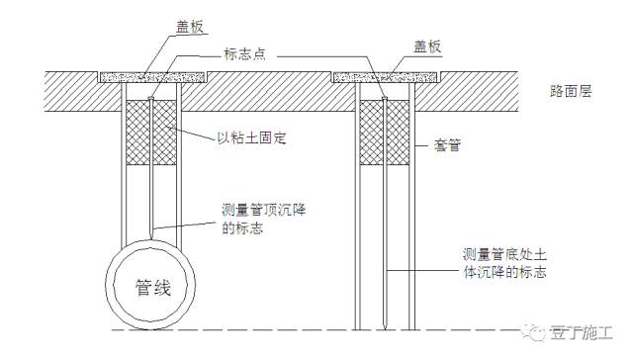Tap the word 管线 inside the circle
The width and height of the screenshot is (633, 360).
coord(152,289)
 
